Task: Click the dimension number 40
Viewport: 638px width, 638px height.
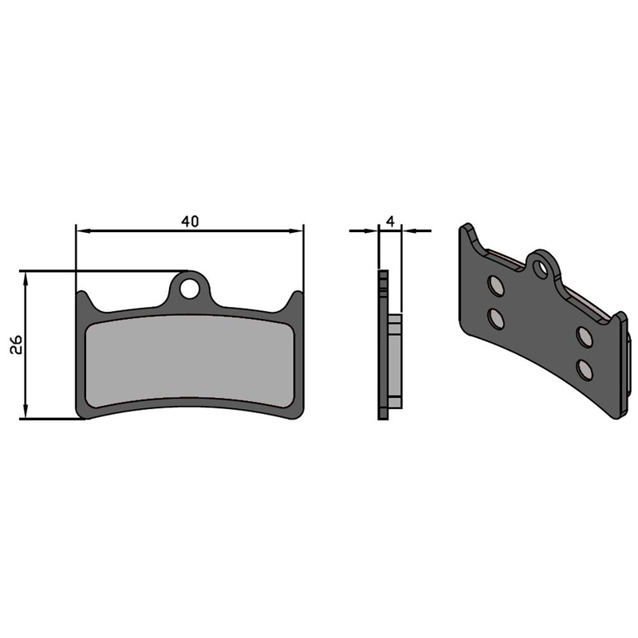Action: click(190, 222)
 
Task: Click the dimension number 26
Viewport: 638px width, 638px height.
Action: click(16, 345)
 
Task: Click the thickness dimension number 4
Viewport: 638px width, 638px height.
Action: click(391, 222)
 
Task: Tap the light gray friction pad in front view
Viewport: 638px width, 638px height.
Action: click(190, 361)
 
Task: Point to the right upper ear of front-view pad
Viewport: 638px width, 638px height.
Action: click(295, 301)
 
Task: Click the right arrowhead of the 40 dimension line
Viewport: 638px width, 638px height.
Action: click(296, 231)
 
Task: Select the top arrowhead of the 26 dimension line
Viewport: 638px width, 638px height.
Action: click(26, 280)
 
